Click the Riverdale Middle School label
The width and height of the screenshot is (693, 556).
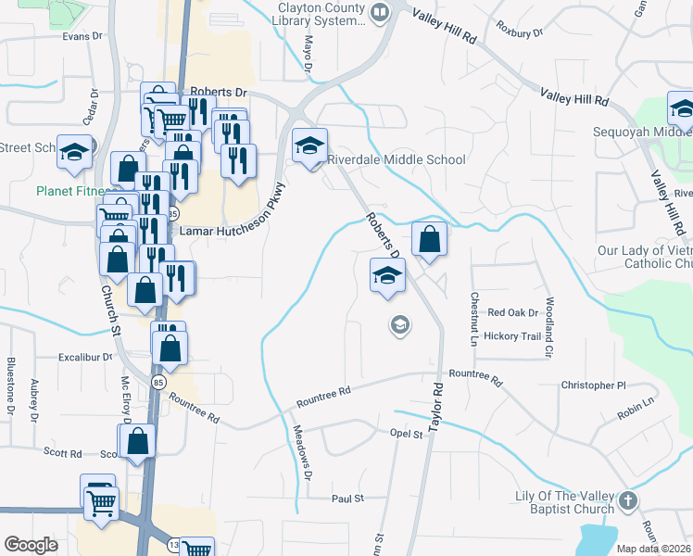pos(397,159)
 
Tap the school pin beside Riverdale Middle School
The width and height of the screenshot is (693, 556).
pos(310,145)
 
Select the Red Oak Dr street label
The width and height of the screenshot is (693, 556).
pos(512,313)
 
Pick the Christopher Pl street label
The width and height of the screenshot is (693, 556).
pos(594,385)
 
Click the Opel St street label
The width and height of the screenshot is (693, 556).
pos(406,433)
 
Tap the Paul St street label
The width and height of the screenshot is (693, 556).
pos(348,499)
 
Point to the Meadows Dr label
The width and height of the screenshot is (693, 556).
pos(303,451)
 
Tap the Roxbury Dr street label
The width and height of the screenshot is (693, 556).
pos(519,32)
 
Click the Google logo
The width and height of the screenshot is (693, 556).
pos(31,545)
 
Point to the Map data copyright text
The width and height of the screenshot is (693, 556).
pos(654,549)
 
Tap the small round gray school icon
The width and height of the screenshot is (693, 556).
pos(400,325)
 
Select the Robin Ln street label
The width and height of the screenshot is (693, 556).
pos(636,404)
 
